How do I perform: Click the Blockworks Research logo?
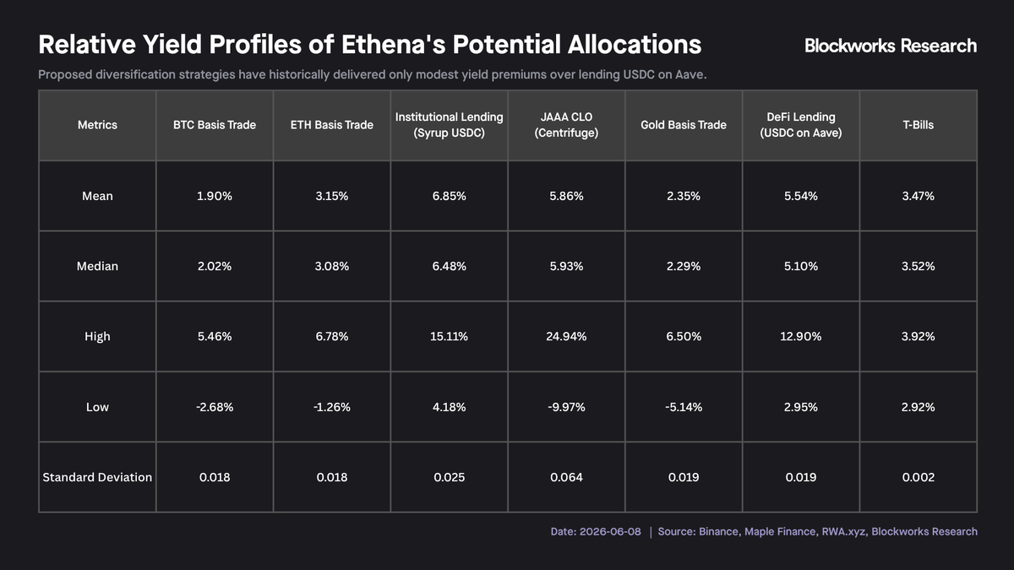891,46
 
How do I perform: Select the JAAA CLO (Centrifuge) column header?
566,125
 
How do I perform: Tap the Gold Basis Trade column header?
684,125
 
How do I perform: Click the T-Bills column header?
918,125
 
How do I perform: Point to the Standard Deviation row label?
97,477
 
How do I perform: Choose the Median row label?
97,266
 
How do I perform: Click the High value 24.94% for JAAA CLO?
566,337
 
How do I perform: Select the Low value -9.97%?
566,407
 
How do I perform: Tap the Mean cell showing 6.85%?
449,196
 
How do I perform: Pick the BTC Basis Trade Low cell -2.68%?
215,407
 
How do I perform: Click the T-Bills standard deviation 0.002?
918,477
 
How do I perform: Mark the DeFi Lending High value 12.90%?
801,337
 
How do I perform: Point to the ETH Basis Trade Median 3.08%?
332,266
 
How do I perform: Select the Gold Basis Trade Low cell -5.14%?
684,407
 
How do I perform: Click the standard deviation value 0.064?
566,477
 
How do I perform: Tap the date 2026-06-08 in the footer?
610,531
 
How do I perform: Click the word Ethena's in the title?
393,45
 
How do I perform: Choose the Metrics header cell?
97,125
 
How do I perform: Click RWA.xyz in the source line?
843,531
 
